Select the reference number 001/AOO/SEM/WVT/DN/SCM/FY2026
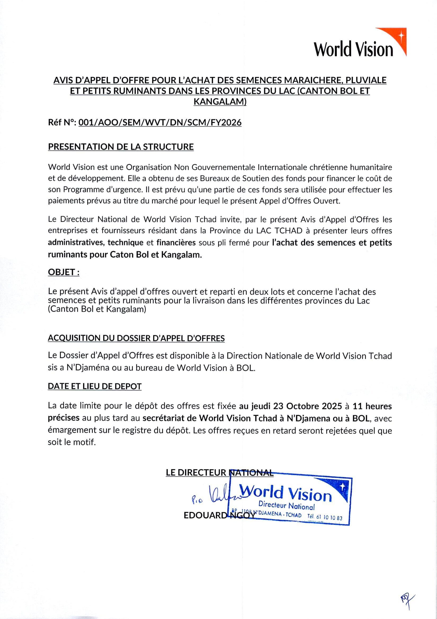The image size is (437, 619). pos(160,123)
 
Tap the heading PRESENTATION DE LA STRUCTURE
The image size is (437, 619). pos(121,147)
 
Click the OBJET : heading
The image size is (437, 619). pos(64,272)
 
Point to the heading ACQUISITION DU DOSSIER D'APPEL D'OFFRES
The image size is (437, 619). pos(136,338)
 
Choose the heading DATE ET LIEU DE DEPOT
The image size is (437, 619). pos(95,386)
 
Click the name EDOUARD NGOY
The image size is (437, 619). pos(219,515)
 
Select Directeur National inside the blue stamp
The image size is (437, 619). pos(286,506)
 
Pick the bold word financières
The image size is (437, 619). pos(176,243)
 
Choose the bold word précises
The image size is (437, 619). pos(64,418)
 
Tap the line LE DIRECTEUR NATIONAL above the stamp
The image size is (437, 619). pos(220,473)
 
